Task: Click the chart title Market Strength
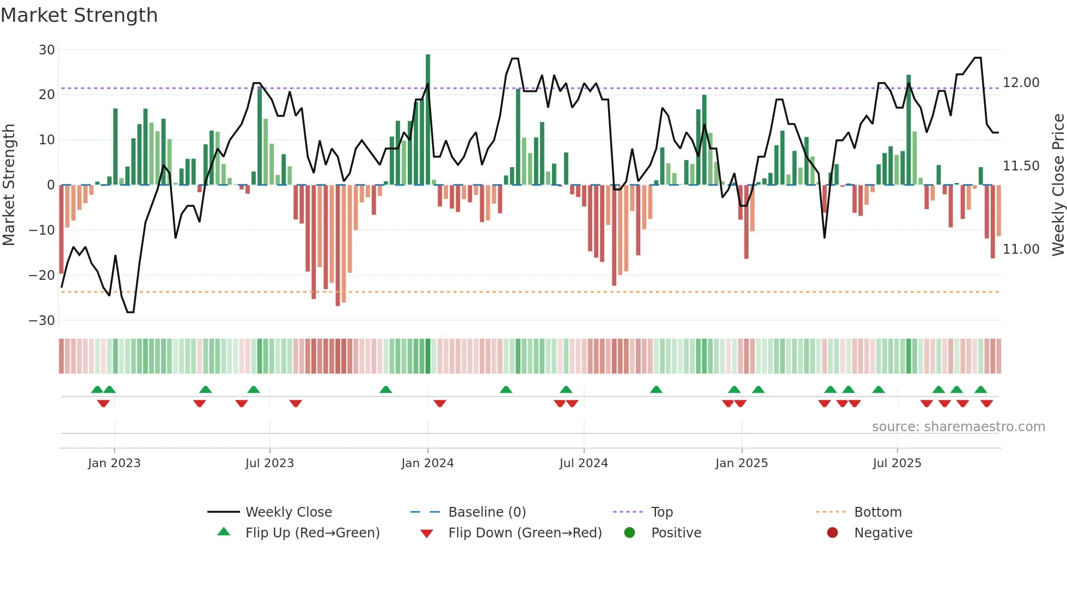coord(79,15)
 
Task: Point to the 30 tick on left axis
coord(47,50)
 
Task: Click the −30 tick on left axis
coord(42,321)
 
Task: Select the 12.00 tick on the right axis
coord(1021,83)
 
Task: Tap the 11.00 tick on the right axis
coord(1021,249)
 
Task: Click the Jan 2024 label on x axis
coord(427,463)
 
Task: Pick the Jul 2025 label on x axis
coord(897,463)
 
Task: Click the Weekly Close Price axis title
coord(1058,185)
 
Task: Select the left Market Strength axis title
coord(9,185)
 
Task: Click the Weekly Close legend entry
coord(288,512)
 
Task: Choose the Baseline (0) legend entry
coord(487,512)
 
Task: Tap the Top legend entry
coord(661,512)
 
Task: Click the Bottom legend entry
coord(878,512)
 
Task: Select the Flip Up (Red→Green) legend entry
coord(312,533)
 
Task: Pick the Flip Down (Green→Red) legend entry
coord(525,533)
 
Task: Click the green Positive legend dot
coord(629,533)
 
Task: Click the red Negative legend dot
coord(832,533)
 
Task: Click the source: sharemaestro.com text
coord(958,427)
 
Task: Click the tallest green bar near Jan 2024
coord(428,120)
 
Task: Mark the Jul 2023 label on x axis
coord(269,463)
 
